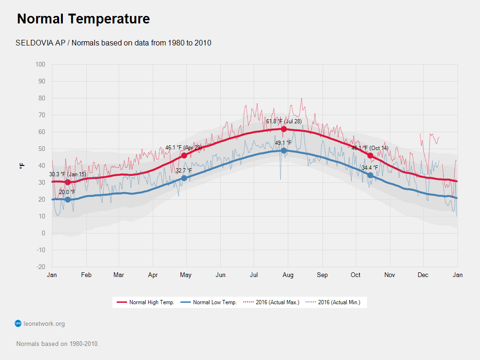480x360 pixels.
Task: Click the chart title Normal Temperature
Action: coord(83,19)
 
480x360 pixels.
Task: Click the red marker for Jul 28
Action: coord(284,129)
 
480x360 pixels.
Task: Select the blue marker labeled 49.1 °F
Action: coord(284,150)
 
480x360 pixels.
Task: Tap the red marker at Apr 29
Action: coord(184,155)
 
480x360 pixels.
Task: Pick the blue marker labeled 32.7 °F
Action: coord(184,178)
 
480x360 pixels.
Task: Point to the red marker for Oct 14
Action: coord(370,155)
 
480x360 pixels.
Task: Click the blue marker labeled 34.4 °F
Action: coord(370,175)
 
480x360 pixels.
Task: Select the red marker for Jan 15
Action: coord(67,182)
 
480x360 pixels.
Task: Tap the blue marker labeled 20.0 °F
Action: coord(67,200)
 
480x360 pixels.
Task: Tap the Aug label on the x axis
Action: coord(288,275)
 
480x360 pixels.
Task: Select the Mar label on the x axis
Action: coord(119,275)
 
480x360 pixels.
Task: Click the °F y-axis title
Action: coord(22,166)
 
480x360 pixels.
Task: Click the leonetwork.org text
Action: coord(44,323)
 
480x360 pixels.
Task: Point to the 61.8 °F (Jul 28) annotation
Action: coord(284,121)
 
